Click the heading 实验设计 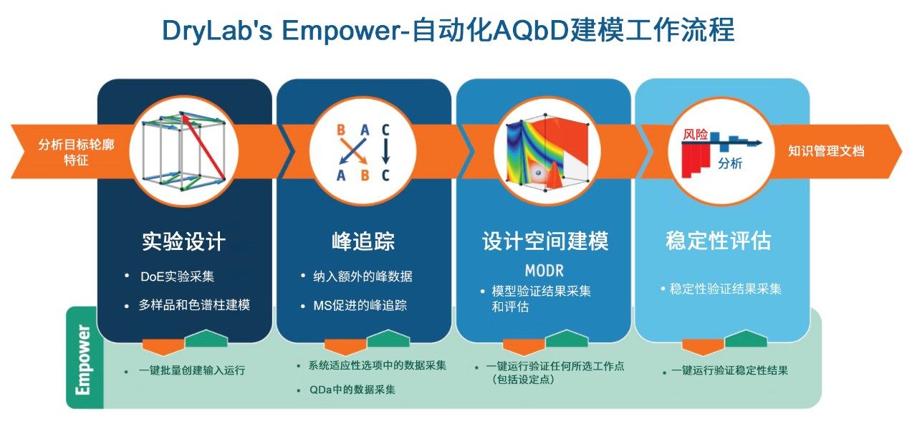click(184, 241)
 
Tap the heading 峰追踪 click(363, 241)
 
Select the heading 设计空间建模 click(545, 241)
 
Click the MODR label click(544, 271)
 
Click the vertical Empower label click(83, 360)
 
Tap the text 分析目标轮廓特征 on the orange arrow click(76, 152)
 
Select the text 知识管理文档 click(827, 151)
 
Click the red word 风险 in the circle click(696, 134)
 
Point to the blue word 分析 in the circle click(730, 163)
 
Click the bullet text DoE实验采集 click(177, 276)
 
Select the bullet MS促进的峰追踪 click(360, 305)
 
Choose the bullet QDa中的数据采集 click(352, 390)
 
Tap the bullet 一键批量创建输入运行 click(192, 370)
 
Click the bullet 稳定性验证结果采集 click(726, 289)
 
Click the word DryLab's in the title click(217, 31)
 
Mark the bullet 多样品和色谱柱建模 click(194, 305)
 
